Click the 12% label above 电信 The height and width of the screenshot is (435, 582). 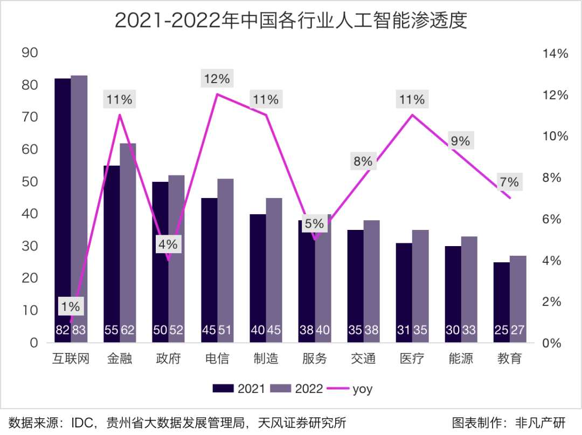tap(217, 79)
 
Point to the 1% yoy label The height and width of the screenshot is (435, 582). tap(70, 307)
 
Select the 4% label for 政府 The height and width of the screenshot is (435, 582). tap(168, 244)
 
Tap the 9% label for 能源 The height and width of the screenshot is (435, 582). tap(461, 141)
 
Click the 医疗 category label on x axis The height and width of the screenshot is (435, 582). tap(412, 359)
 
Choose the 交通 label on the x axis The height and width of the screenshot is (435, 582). tap(363, 359)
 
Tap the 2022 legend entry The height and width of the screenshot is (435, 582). tap(297, 389)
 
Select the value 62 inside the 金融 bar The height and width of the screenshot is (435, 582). tap(128, 330)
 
